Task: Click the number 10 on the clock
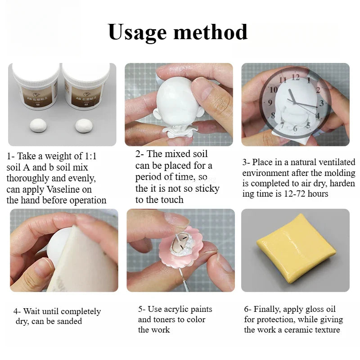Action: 273,90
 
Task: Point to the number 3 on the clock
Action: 321,103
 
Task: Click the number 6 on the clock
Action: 295,129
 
